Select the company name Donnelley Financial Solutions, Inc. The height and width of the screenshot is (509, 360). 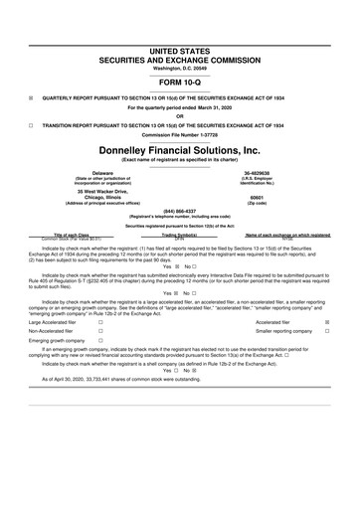coord(179,150)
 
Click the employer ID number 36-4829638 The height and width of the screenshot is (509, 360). coord(263,171)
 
